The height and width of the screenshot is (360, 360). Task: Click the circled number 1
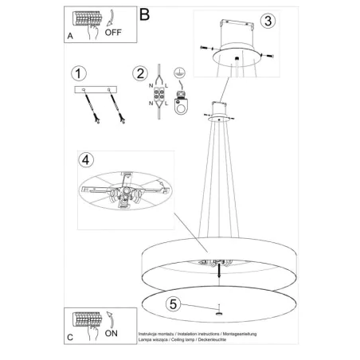click(77, 73)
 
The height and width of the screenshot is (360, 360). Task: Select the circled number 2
click(141, 74)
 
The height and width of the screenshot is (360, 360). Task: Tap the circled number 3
click(268, 22)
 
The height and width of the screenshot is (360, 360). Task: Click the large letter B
click(144, 14)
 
